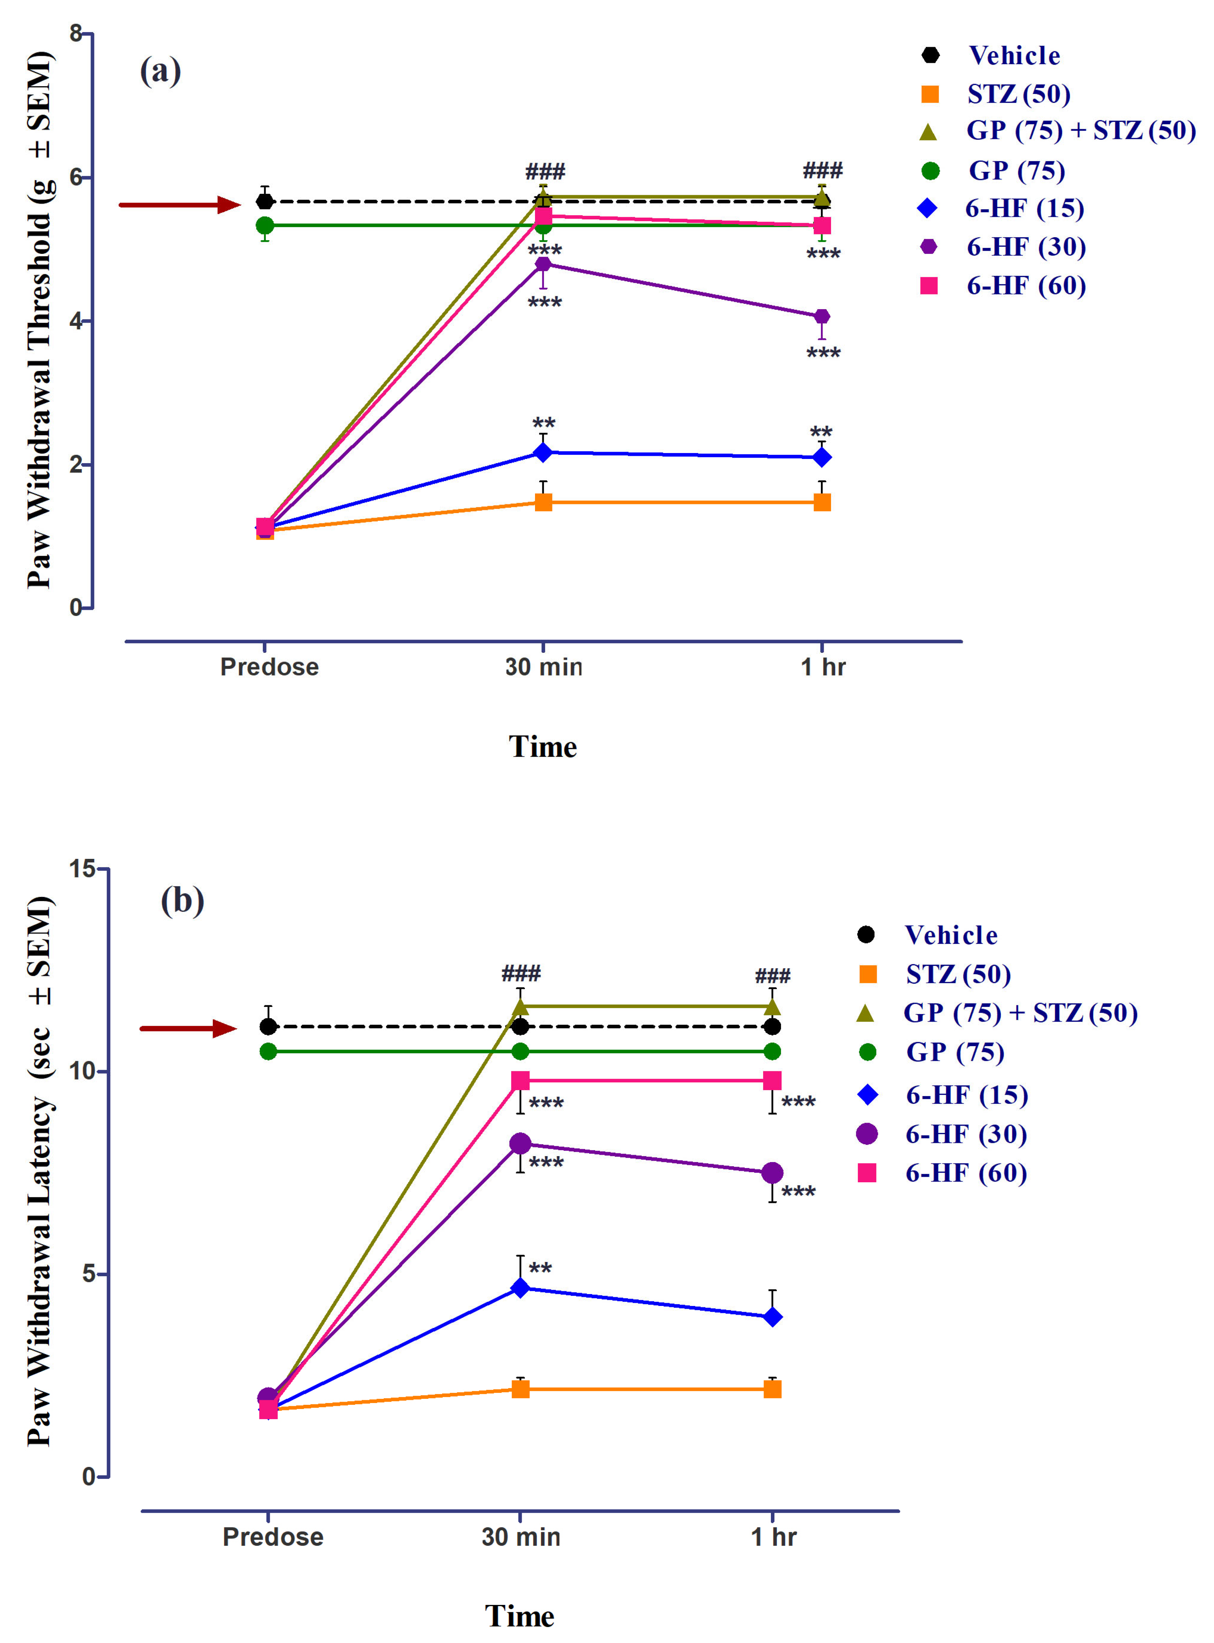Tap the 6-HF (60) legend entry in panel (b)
coord(965,1173)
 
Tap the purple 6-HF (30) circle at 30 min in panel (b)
coord(520,1144)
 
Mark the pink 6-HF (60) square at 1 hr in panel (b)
coord(772,1080)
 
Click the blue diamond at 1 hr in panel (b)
coord(772,1317)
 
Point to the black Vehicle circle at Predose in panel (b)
coord(268,1026)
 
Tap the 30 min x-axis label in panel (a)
coord(544,667)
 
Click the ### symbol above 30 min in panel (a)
coord(544,172)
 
